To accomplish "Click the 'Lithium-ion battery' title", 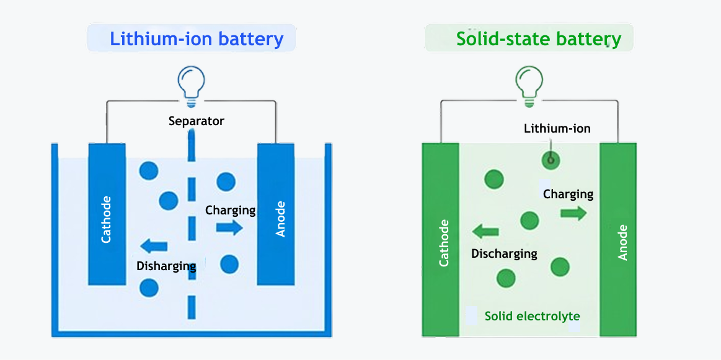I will point(197,39).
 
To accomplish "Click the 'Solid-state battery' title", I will point(538,39).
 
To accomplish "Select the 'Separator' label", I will point(196,121).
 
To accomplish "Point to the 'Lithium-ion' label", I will point(557,129).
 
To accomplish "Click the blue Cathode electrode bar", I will point(107,214).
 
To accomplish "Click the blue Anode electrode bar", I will point(275,214).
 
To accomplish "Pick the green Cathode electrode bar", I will point(440,240).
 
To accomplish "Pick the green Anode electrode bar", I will point(618,240).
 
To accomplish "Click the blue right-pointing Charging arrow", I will point(229,227).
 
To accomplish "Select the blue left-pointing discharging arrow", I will point(154,246).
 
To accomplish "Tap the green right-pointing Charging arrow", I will point(573,213).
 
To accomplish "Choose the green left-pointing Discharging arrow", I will point(485,232).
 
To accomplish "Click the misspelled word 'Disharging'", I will point(166,266).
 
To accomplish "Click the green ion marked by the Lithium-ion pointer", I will point(550,161).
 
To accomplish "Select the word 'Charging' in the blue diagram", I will point(230,210).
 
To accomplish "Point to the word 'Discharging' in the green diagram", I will point(504,253).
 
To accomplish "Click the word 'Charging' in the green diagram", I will point(568,195).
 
